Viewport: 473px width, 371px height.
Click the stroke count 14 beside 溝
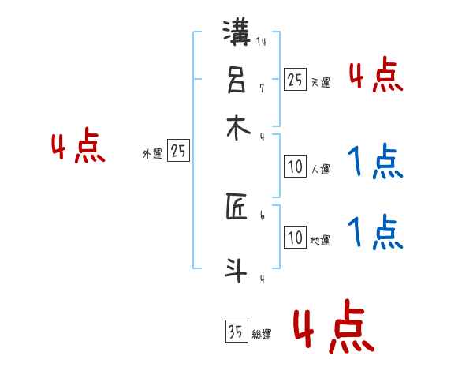pos(261,43)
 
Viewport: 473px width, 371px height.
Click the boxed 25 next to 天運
pos(295,79)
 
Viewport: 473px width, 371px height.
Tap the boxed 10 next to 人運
pos(295,167)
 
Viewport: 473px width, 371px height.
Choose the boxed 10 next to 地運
pos(295,238)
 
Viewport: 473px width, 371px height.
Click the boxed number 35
pos(235,332)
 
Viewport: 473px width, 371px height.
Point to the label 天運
pos(320,82)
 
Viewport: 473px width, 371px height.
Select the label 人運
pos(320,169)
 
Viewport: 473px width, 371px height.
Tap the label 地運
pos(320,241)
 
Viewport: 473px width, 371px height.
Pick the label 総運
pos(261,335)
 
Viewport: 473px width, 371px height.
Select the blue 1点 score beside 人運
pos(375,163)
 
